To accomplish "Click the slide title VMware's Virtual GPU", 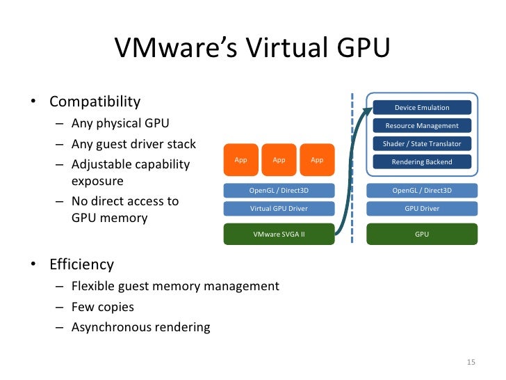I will (x=252, y=48).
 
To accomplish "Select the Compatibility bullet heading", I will (x=95, y=102).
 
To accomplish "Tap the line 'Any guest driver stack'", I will (x=133, y=145).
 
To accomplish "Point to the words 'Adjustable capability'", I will (x=130, y=165).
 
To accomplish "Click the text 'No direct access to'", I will (x=125, y=201).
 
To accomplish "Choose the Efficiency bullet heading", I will (x=81, y=264).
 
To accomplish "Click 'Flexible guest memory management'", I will (x=175, y=286).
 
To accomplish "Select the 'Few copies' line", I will (x=102, y=306).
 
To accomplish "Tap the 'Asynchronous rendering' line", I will (x=140, y=326).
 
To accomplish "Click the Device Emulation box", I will (x=422, y=107).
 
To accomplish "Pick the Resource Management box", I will (x=422, y=125).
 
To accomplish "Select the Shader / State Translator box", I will (x=422, y=143).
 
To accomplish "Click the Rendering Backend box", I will (x=422, y=161).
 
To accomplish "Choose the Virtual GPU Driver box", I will (x=279, y=208).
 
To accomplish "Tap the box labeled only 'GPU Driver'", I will (x=422, y=208).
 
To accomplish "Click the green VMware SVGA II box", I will (x=279, y=235).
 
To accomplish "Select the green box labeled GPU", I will (x=422, y=235).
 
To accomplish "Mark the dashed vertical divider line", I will (x=352, y=174).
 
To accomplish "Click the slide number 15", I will (x=471, y=363).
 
